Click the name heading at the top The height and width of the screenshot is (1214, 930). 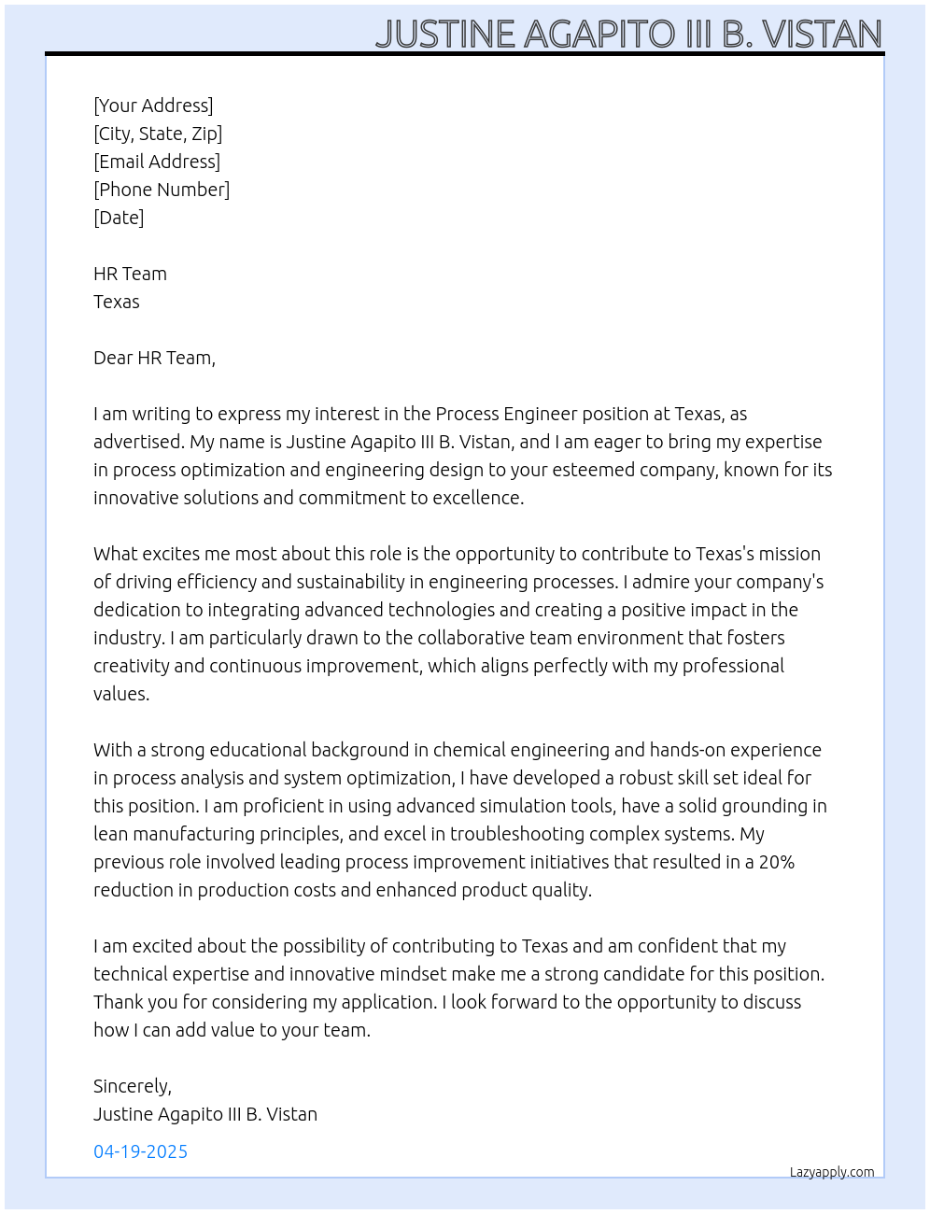pyautogui.click(x=628, y=34)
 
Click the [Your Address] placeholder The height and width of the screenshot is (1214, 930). pyautogui.click(x=153, y=106)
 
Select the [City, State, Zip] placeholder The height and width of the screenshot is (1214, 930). pyautogui.click(x=158, y=134)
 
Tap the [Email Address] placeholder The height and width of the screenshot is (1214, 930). pyautogui.click(x=157, y=162)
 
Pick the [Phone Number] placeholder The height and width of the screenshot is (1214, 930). pyautogui.click(x=162, y=190)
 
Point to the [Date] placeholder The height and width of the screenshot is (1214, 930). pyautogui.click(x=119, y=218)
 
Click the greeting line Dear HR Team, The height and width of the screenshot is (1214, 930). pyautogui.click(x=154, y=358)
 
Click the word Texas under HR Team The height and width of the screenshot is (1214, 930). pyautogui.click(x=117, y=302)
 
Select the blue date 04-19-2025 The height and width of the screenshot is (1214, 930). pyautogui.click(x=141, y=1151)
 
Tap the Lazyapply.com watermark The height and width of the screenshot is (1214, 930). pyautogui.click(x=832, y=1172)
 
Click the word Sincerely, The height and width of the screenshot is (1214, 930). pyautogui.click(x=133, y=1086)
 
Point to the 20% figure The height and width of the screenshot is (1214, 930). pyautogui.click(x=776, y=862)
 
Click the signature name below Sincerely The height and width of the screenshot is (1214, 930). pyautogui.click(x=205, y=1114)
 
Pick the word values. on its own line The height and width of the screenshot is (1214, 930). pyautogui.click(x=121, y=694)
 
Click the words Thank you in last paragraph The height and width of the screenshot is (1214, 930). pyautogui.click(x=133, y=1002)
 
